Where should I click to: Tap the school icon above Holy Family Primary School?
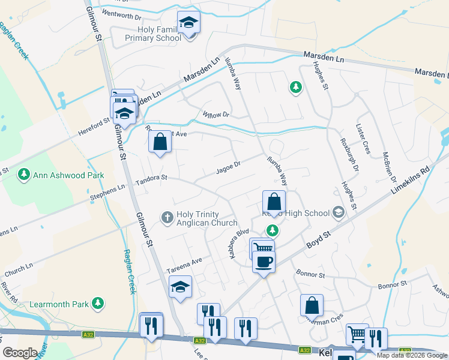pos(189,23)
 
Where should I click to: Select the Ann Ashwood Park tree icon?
pos(24,175)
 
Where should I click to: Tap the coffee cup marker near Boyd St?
pos(264,261)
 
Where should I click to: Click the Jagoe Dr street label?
pos(228,168)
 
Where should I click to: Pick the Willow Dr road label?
pos(216,114)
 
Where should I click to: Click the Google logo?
pos(20,353)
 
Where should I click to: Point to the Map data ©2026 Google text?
pos(412,355)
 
